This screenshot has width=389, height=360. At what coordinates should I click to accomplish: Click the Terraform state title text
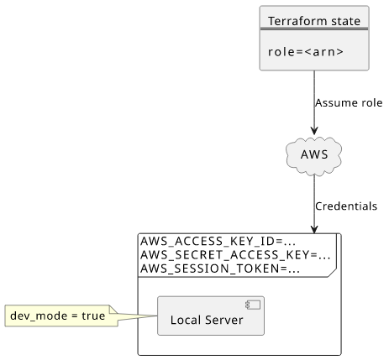[314, 21]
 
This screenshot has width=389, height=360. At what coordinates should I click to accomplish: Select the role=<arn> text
[306, 52]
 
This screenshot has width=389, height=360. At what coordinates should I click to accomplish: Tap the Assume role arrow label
[349, 103]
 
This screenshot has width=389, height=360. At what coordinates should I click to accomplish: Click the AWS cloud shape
[314, 156]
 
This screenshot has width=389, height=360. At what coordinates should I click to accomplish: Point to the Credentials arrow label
[346, 206]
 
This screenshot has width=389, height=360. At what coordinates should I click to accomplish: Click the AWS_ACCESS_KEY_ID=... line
[218, 241]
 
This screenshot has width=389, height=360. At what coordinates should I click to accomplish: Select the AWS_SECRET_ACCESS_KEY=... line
[235, 255]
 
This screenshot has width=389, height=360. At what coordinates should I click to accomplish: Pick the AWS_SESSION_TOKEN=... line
[220, 269]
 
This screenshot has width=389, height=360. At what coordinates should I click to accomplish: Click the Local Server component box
[211, 316]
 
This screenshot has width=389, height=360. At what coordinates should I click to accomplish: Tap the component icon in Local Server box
[253, 305]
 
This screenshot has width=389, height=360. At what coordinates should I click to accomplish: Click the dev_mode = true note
[61, 316]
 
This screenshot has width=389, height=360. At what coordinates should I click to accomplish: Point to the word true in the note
[93, 316]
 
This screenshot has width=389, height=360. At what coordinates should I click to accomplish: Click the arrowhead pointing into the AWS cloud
[314, 130]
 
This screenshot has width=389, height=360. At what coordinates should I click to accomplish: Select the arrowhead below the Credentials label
[314, 229]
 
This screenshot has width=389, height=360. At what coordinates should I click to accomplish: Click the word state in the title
[345, 21]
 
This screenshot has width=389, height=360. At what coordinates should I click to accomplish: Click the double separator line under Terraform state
[314, 29]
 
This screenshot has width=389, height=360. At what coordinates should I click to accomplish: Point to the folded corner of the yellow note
[113, 310]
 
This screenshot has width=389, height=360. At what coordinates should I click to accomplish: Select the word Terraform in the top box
[297, 21]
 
